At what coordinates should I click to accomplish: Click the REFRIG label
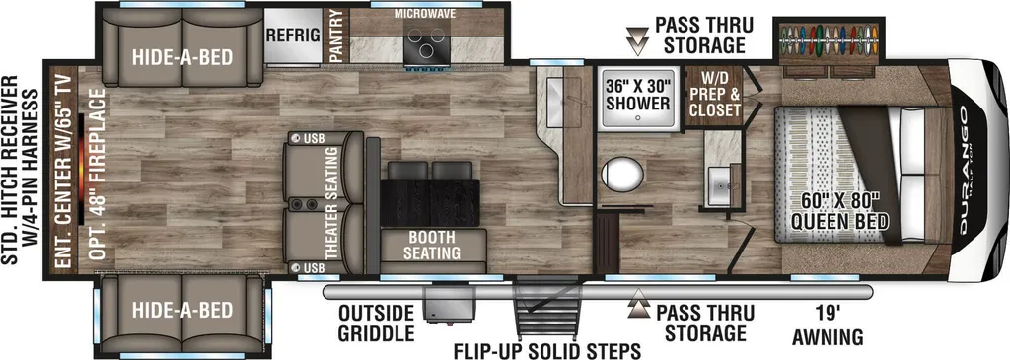294,36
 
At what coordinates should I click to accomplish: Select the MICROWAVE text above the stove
424,13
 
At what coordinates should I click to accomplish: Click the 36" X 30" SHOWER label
637,94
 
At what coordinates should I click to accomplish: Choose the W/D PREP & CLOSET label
714,94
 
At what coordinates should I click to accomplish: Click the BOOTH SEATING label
432,244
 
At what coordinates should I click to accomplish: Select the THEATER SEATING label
331,203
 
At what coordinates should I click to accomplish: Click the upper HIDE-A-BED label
182,57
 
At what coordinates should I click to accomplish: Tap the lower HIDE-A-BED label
182,311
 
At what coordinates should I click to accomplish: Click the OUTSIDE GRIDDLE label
376,324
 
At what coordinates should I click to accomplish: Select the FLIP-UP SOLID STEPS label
546,351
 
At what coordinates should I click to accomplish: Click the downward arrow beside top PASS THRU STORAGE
639,39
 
